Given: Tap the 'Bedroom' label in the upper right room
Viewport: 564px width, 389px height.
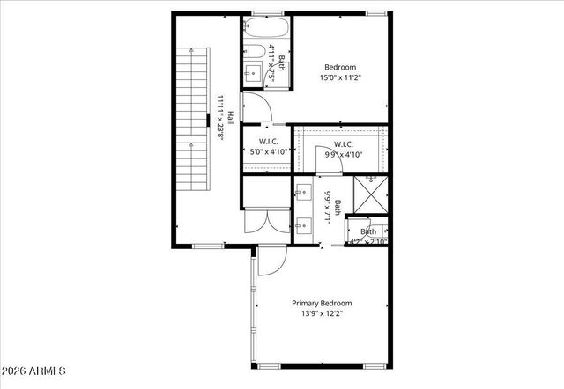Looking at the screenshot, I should click(x=339, y=67).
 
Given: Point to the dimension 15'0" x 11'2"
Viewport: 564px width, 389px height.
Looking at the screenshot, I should click(x=339, y=77).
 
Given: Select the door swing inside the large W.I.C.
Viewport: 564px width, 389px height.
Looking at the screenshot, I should click(x=324, y=153).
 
